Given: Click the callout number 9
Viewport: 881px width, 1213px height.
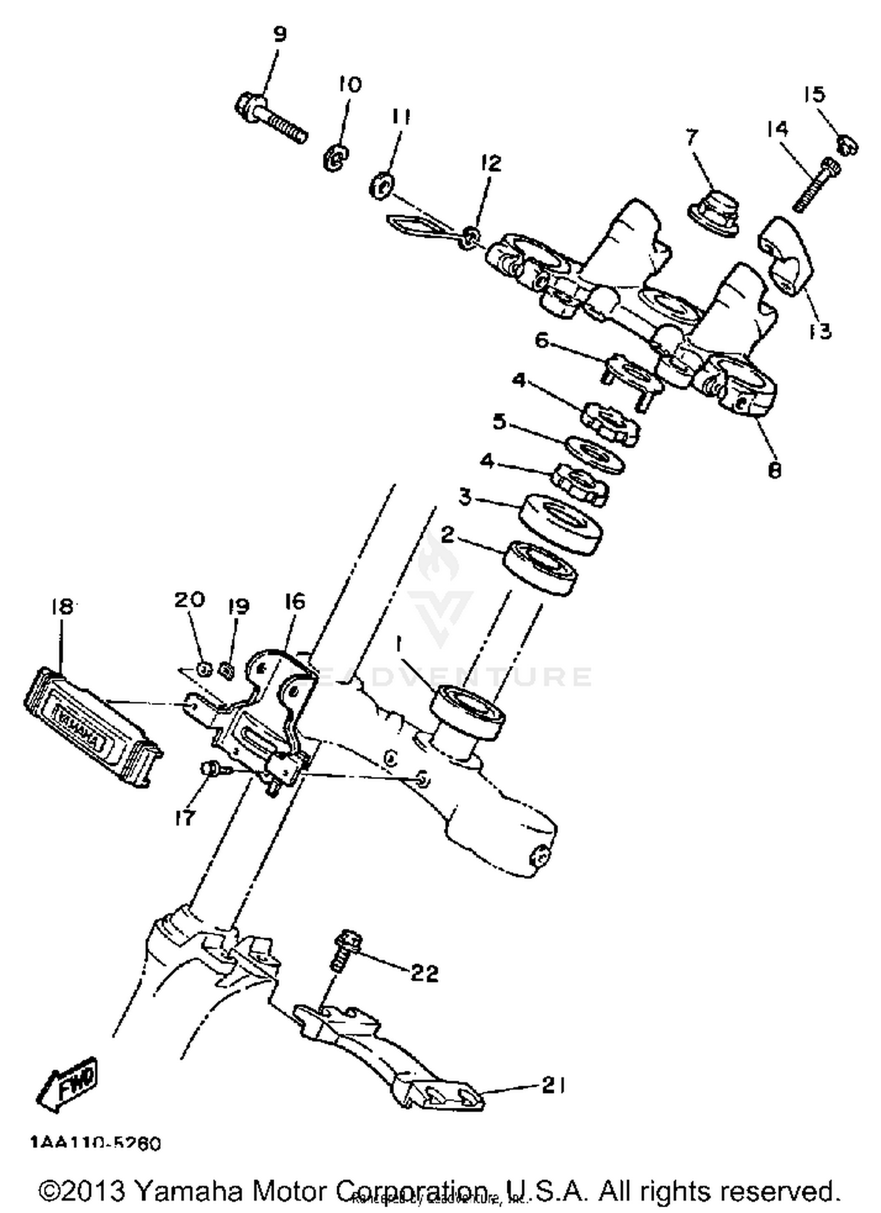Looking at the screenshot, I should pos(280,35).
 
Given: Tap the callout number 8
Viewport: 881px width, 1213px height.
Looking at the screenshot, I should pos(774,470).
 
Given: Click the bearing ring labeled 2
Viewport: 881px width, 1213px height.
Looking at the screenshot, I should pos(540,567).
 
